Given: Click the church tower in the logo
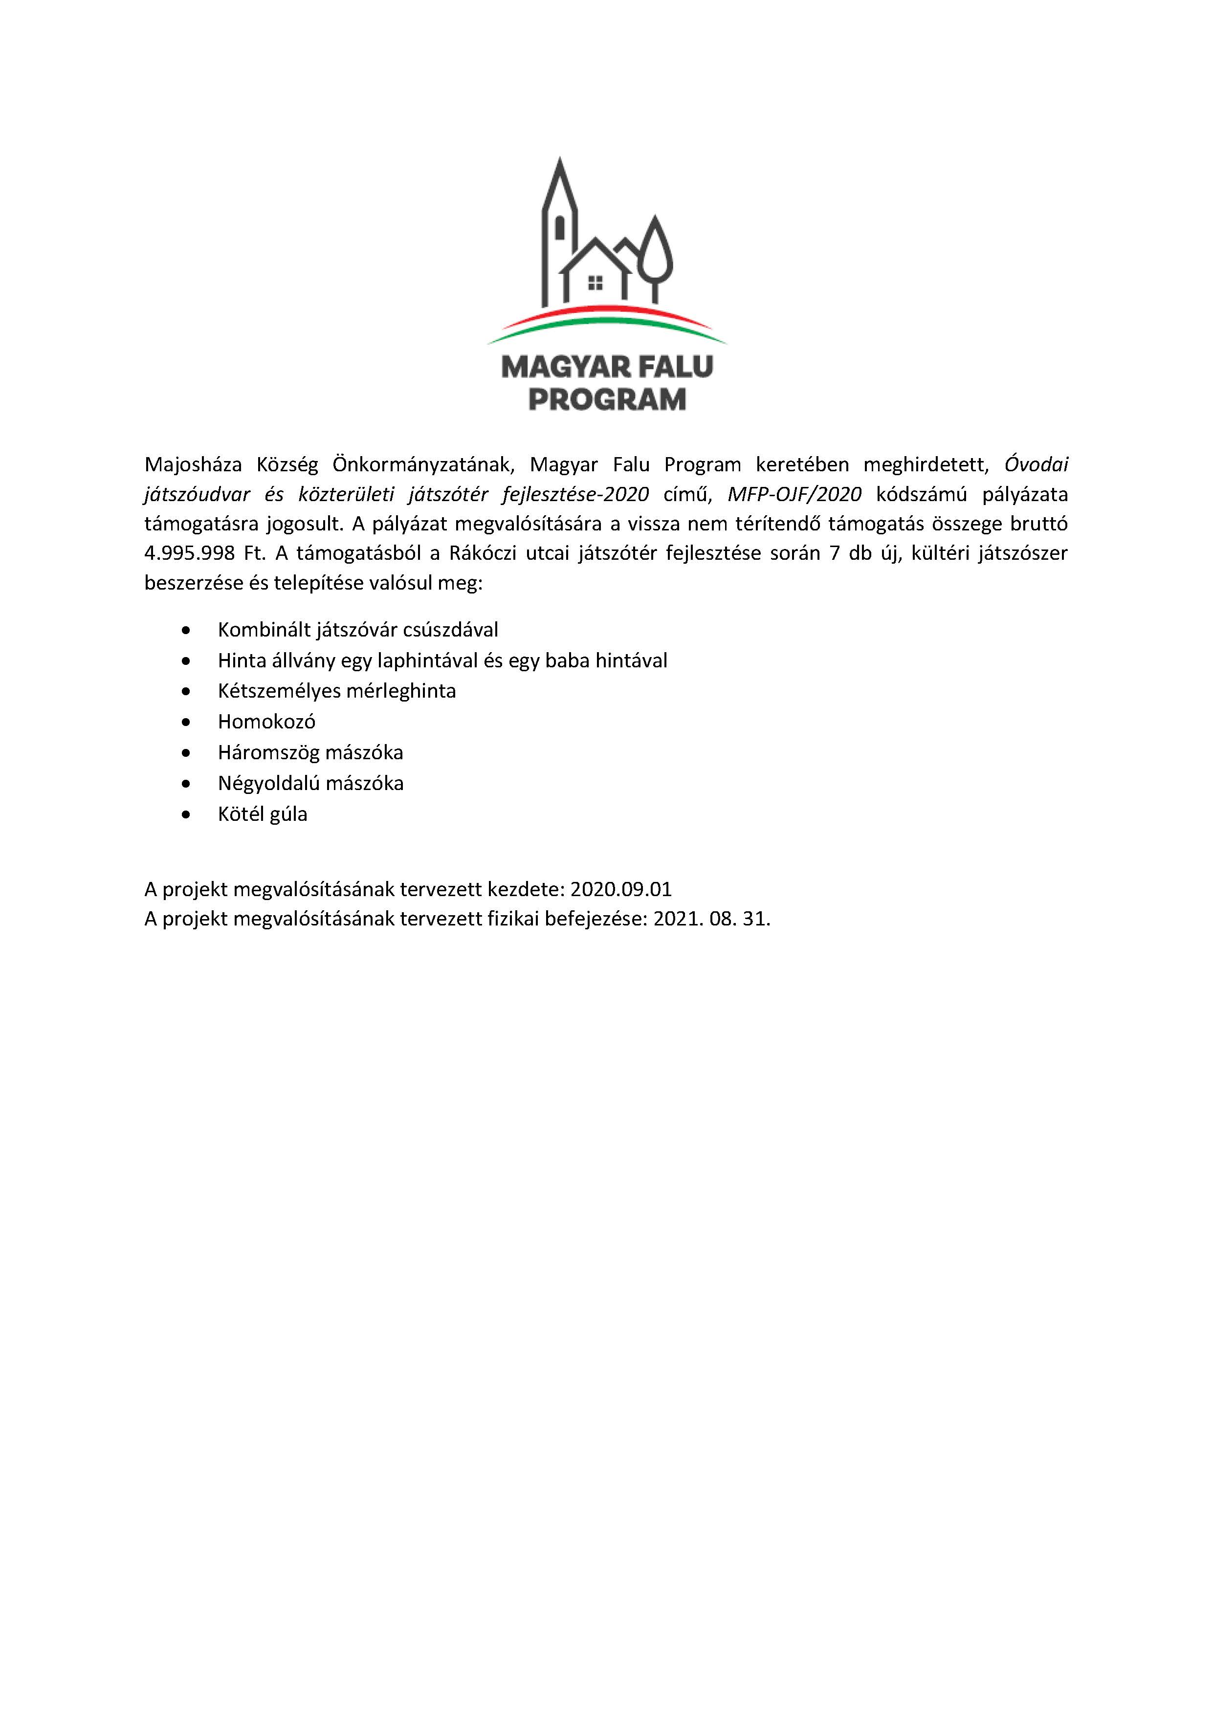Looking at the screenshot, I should tap(559, 217).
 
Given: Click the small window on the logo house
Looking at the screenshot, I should tap(595, 283).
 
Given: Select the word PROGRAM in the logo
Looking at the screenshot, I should tap(606, 399).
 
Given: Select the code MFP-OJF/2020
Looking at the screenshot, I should tap(794, 494).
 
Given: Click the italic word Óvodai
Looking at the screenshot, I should tap(1036, 464).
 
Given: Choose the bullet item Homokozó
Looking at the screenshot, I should tap(266, 722).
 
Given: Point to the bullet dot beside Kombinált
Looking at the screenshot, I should tap(186, 631).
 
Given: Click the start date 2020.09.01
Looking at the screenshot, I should tap(621, 889).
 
